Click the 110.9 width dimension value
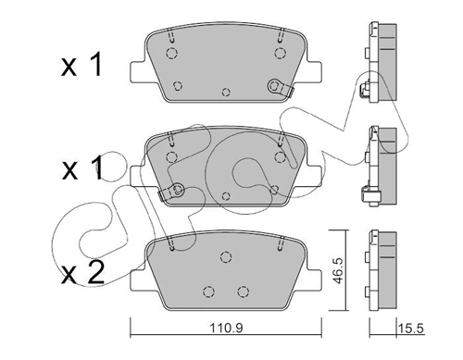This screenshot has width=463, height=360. point(227,328)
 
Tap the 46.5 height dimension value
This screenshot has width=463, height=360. point(339,271)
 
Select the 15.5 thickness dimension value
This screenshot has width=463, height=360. point(411,328)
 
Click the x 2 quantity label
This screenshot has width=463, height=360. point(82,272)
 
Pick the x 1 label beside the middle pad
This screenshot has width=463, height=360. point(82,168)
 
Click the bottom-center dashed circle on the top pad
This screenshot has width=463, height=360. point(226,92)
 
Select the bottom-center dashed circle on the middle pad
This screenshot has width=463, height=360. point(226,196)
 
